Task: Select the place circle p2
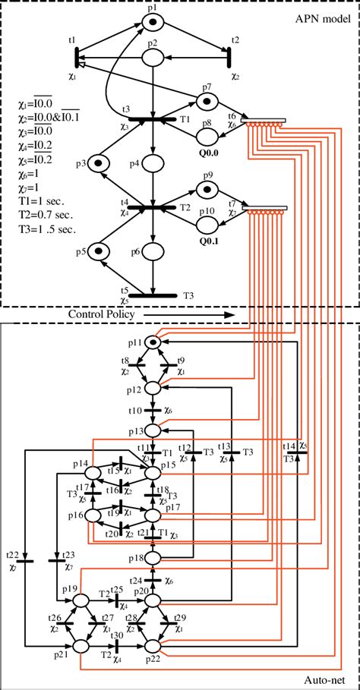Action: point(153,56)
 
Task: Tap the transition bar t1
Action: point(77,56)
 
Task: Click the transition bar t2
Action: point(227,56)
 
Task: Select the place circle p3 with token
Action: point(97,162)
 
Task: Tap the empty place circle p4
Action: point(153,162)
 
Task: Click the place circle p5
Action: point(97,250)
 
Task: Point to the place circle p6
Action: point(153,250)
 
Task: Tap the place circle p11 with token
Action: point(153,344)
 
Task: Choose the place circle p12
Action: point(153,388)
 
